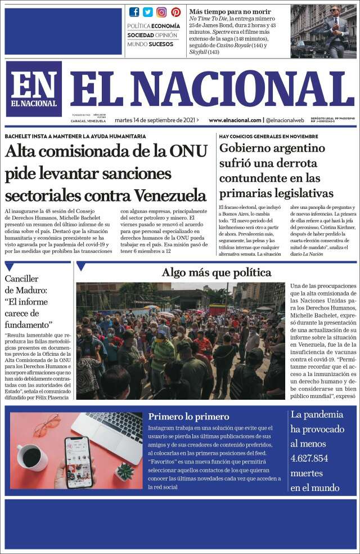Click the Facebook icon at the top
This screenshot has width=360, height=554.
(134, 12)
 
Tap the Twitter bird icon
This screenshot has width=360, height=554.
(148, 12)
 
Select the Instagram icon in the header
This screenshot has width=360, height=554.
(161, 12)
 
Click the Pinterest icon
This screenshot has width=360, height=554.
(175, 12)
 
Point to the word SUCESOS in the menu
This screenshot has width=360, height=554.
(161, 44)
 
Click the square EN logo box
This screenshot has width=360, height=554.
(34, 88)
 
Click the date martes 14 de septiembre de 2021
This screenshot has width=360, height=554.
(157, 120)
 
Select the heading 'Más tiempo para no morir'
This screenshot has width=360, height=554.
(229, 11)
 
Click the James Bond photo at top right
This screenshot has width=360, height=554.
(323, 30)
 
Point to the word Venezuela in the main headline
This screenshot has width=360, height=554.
(170, 195)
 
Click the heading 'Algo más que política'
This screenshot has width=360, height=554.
(217, 273)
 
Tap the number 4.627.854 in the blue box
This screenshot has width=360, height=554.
(309, 458)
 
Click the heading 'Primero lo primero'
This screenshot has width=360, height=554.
(188, 417)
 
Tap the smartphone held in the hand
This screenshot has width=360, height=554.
(78, 462)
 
